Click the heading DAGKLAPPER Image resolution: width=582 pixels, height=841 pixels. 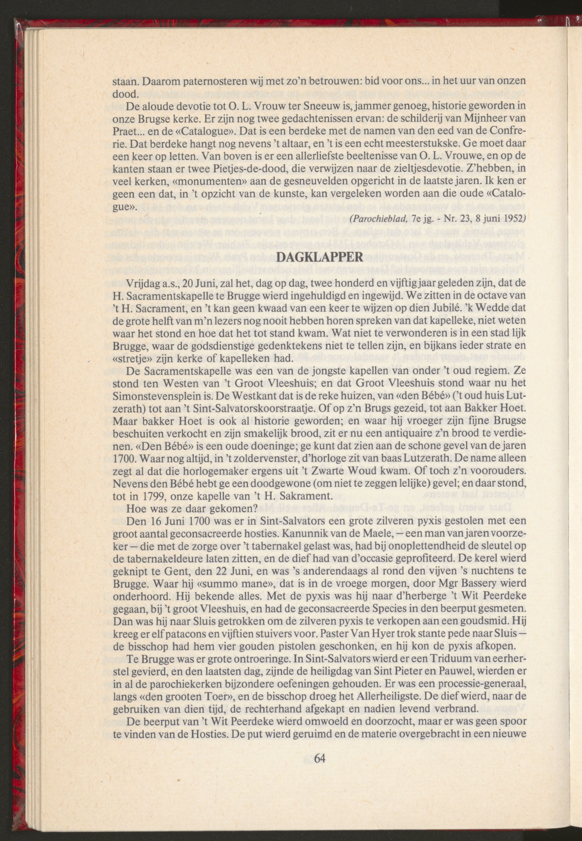click(x=320, y=257)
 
